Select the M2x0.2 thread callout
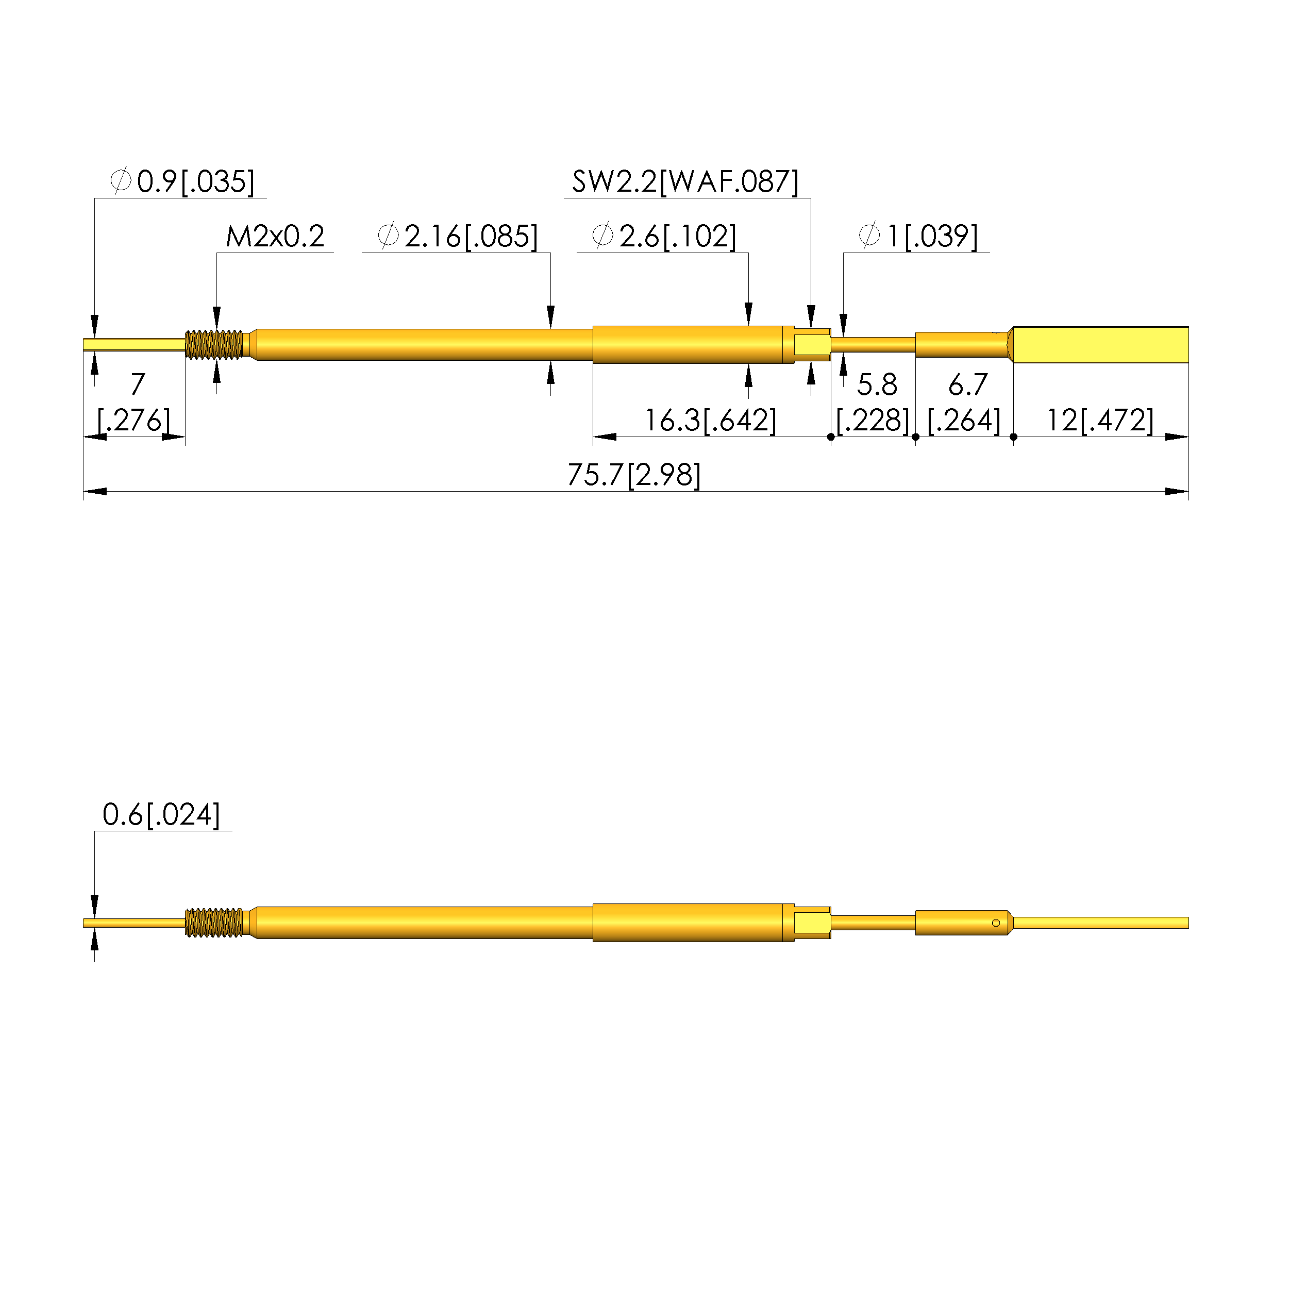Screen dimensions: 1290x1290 [x=275, y=237]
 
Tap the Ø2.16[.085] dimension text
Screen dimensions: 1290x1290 [x=457, y=237]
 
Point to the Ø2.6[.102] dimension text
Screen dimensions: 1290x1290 [x=664, y=237]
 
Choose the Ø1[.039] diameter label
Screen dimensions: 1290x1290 [x=918, y=237]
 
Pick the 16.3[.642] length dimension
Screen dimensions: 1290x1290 [x=710, y=421]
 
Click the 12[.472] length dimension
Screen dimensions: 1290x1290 [x=1100, y=421]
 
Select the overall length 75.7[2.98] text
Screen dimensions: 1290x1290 [x=634, y=475]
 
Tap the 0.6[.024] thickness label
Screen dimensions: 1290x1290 [x=161, y=815]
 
